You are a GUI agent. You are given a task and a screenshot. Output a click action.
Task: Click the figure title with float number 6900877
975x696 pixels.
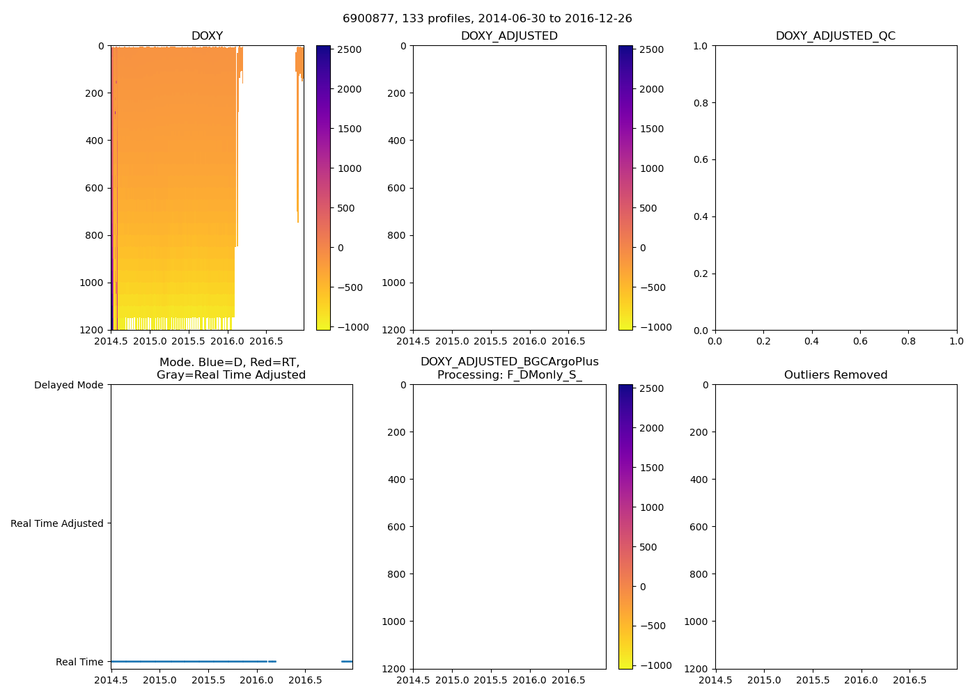487,19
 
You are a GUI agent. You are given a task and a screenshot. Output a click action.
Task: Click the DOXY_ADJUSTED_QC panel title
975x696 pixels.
835,36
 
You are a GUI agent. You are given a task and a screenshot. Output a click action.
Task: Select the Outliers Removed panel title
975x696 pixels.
835,375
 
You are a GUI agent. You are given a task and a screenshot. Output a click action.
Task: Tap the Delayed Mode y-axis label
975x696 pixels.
68,386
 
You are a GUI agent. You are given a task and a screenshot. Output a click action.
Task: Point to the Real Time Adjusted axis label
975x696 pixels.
56,524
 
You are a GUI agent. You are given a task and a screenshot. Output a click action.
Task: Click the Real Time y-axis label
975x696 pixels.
79,663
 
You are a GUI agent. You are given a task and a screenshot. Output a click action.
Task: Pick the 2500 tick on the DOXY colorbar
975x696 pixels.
348,49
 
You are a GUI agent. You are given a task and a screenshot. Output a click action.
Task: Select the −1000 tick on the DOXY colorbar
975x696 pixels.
348,327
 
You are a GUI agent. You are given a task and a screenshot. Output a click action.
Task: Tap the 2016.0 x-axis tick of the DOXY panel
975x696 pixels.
227,342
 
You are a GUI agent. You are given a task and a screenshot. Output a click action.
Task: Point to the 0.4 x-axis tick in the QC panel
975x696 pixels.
811,342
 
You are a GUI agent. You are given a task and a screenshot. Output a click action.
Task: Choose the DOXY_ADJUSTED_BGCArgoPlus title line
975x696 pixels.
509,362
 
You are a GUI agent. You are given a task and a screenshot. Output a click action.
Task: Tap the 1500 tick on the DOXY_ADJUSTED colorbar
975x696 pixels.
652,129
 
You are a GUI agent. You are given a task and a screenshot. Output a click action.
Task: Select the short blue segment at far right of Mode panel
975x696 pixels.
347,661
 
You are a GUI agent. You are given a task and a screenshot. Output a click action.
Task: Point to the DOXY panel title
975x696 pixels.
207,36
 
